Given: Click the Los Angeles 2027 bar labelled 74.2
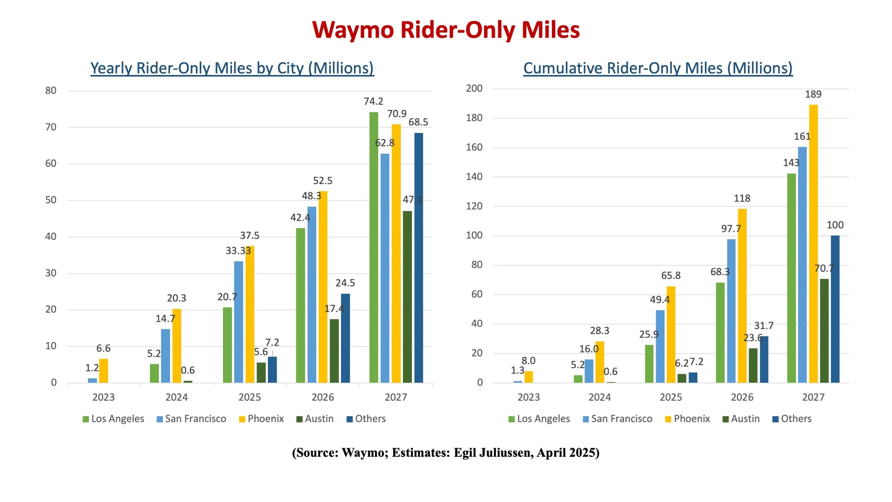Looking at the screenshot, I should (x=374, y=248).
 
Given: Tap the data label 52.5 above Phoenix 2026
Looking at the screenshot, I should (x=323, y=181).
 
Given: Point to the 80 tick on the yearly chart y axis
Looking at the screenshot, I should (x=51, y=91).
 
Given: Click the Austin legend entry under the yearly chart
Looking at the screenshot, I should (x=315, y=419).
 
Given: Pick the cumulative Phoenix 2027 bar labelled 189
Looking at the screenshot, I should (x=813, y=244).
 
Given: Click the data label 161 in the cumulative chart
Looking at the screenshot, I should (x=802, y=136).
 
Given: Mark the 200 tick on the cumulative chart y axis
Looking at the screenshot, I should (x=474, y=89).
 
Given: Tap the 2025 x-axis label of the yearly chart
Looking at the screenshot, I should (x=249, y=397).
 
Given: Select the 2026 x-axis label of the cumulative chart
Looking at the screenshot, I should (x=742, y=397).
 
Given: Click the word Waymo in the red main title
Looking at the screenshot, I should (x=353, y=30).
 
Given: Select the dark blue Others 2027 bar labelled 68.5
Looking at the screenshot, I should (x=418, y=258).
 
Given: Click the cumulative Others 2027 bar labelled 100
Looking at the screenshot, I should (x=835, y=309).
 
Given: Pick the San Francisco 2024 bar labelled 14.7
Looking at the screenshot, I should (x=166, y=356).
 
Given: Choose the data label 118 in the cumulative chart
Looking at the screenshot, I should (x=742, y=198).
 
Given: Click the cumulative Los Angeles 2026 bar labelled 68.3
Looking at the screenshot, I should (x=720, y=333).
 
